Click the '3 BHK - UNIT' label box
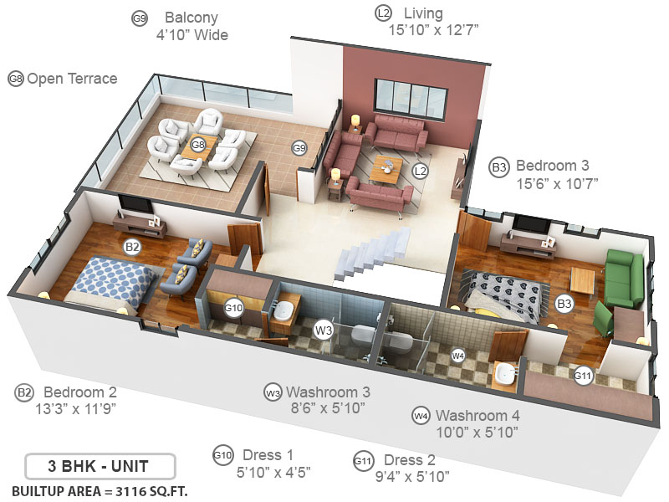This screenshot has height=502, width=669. (100, 465)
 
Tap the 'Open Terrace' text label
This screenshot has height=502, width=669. (72, 79)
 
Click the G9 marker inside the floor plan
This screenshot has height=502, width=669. (299, 148)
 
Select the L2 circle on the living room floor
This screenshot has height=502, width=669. (421, 172)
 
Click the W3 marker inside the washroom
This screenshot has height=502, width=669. (324, 330)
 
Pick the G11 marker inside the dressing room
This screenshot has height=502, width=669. (583, 376)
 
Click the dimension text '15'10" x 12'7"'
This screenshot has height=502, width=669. (433, 31)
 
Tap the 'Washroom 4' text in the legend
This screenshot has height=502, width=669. (477, 415)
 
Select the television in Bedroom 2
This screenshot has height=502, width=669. (134, 205)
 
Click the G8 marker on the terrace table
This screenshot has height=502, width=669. (198, 145)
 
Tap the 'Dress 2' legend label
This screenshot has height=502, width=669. (410, 460)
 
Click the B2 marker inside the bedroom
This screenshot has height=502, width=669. (131, 247)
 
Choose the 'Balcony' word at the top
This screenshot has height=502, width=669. (192, 18)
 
